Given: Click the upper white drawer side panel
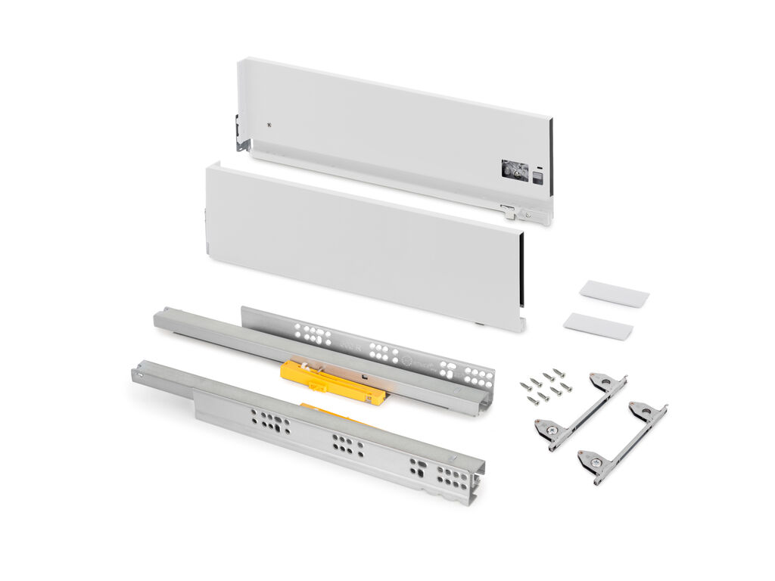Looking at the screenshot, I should coord(394,129).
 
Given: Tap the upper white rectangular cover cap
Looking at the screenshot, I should coord(614,293).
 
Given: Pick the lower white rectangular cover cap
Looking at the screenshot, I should coord(598,325).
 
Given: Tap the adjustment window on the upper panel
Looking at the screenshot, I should coord(512,170).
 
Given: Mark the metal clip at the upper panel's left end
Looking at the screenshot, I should coord(241,133).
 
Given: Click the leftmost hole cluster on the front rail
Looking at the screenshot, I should coord(270,421).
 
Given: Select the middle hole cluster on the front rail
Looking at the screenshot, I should coord(346,445).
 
